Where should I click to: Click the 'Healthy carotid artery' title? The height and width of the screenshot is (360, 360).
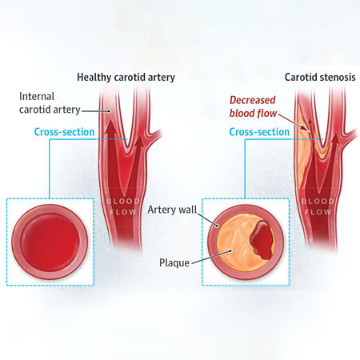(126, 78)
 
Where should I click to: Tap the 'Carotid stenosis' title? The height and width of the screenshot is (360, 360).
(320, 78)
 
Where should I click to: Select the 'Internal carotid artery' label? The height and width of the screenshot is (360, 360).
(50, 103)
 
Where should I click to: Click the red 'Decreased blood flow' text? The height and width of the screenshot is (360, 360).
(253, 106)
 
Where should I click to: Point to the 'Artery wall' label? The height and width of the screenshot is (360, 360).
(172, 210)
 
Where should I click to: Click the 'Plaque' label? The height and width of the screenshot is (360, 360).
(174, 262)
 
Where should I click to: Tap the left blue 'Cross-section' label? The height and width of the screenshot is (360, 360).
(64, 132)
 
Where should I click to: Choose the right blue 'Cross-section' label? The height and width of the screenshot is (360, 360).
(259, 132)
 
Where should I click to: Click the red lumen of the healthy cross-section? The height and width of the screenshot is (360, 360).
(50, 242)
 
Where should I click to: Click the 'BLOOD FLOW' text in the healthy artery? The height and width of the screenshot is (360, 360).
(123, 206)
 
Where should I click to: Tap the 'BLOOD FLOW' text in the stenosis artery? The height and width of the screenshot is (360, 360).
(318, 206)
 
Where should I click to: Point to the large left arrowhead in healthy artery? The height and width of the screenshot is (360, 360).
(112, 126)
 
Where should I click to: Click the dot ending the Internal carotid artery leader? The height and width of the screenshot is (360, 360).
(109, 111)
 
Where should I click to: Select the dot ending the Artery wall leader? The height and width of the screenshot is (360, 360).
(217, 226)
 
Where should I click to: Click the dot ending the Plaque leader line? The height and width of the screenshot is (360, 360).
(230, 250)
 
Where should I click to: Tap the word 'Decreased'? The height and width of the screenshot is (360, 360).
(252, 100)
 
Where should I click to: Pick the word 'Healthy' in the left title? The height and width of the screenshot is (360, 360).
(94, 78)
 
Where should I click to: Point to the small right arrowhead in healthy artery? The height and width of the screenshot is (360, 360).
(139, 142)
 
